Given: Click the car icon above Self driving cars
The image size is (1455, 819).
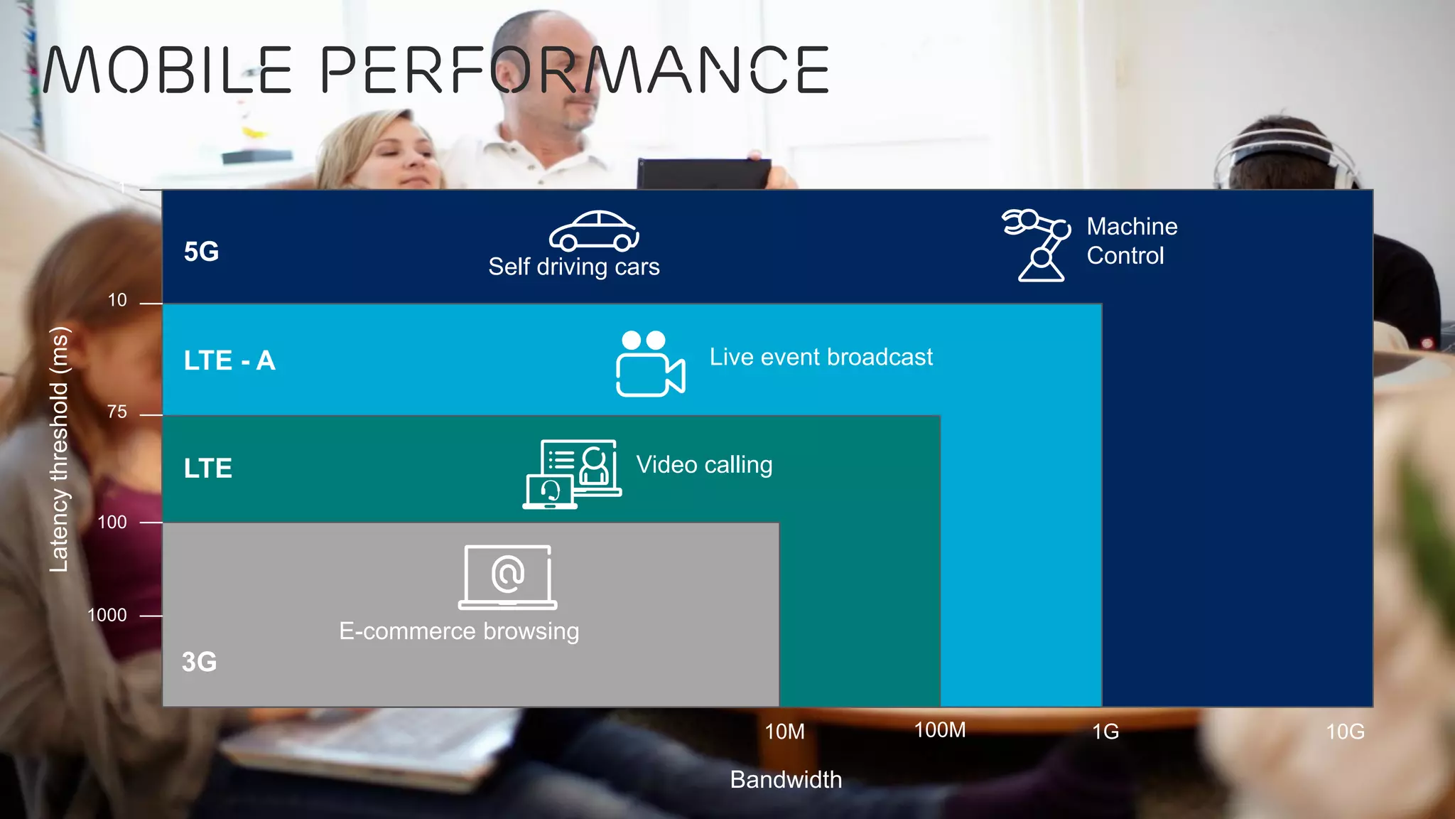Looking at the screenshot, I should point(594,232).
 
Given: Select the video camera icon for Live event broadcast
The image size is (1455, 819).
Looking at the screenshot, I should point(650,364).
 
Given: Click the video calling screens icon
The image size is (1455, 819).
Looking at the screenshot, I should point(572,474).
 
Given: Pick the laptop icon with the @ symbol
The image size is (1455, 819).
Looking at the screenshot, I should point(507,577).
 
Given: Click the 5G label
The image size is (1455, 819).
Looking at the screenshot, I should point(201,252).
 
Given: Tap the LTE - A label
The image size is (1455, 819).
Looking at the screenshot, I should point(229,360).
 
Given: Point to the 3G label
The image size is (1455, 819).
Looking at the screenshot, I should point(199,662).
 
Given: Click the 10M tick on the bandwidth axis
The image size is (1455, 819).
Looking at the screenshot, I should point(784,732).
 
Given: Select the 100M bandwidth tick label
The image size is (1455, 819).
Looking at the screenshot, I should point(939,730).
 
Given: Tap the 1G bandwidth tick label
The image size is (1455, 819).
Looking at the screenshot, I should point(1105,732).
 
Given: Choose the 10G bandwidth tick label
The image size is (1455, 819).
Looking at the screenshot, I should point(1345,732).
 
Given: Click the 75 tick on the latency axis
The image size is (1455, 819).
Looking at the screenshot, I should point(117,412).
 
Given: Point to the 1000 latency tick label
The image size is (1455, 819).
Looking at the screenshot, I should point(107,615).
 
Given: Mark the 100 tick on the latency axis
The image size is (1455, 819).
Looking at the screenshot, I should point(112,523).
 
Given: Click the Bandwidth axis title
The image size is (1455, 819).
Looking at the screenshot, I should point(786,780).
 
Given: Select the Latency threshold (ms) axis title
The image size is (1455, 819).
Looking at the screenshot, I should point(60,449).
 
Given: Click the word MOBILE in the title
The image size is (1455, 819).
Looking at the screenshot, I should point(168,70).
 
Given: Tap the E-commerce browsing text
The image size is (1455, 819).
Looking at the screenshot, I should point(459,631).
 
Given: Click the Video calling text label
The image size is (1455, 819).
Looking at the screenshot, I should point(704,465).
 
